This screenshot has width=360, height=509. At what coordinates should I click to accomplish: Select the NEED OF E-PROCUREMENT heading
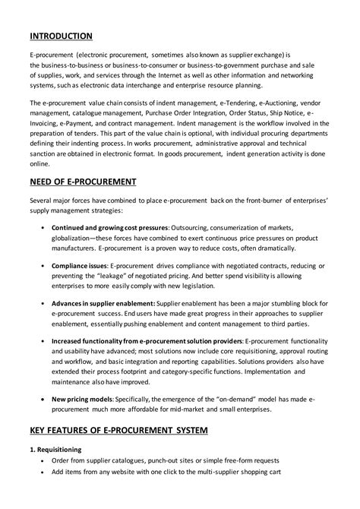[83, 182]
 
